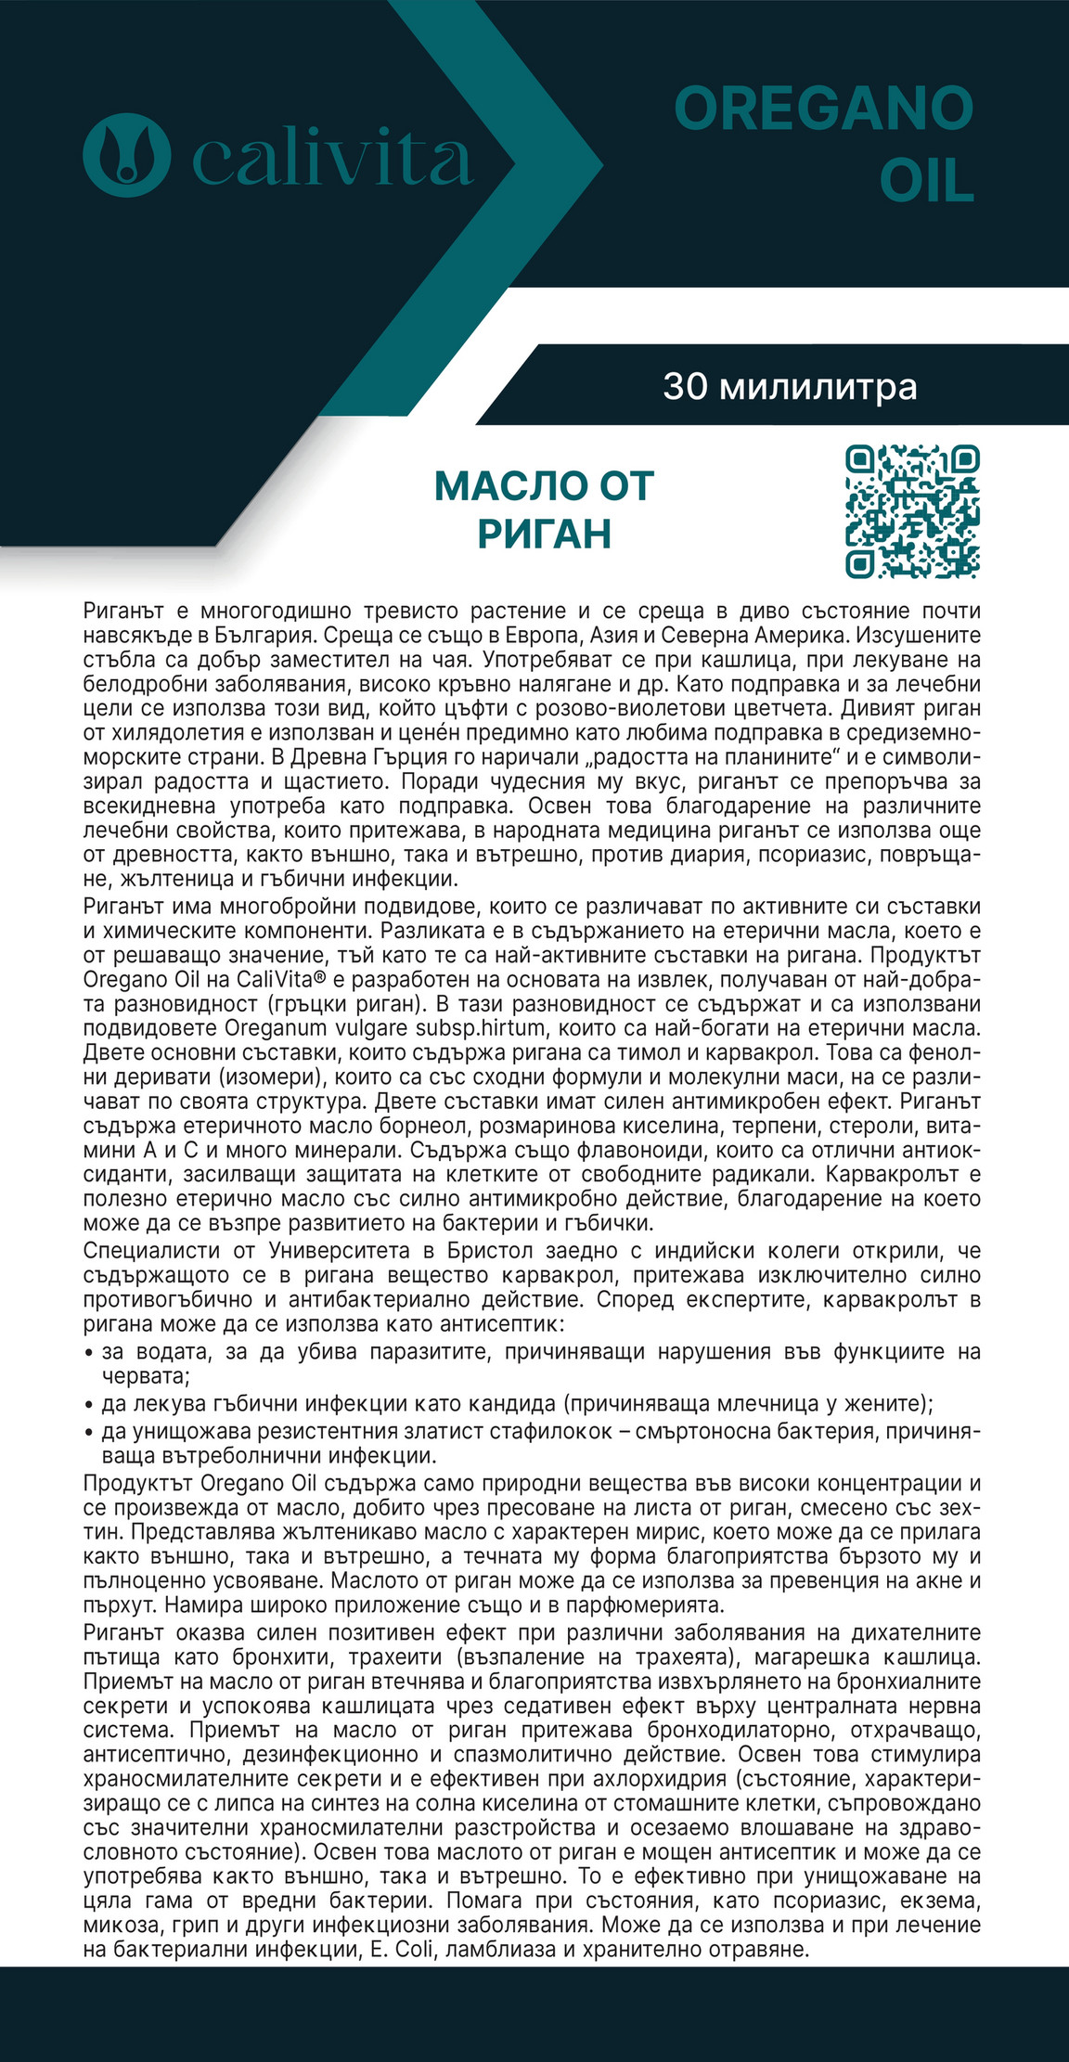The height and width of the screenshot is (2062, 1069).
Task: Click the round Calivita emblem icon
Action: tap(127, 155)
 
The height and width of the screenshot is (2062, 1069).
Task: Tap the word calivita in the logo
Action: tap(332, 159)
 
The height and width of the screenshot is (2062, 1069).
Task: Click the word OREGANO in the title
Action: tap(823, 110)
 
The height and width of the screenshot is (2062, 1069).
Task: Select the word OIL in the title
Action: tap(926, 181)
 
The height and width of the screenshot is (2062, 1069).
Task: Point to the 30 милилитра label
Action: tap(790, 386)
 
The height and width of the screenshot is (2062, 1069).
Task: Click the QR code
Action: tap(912, 511)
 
